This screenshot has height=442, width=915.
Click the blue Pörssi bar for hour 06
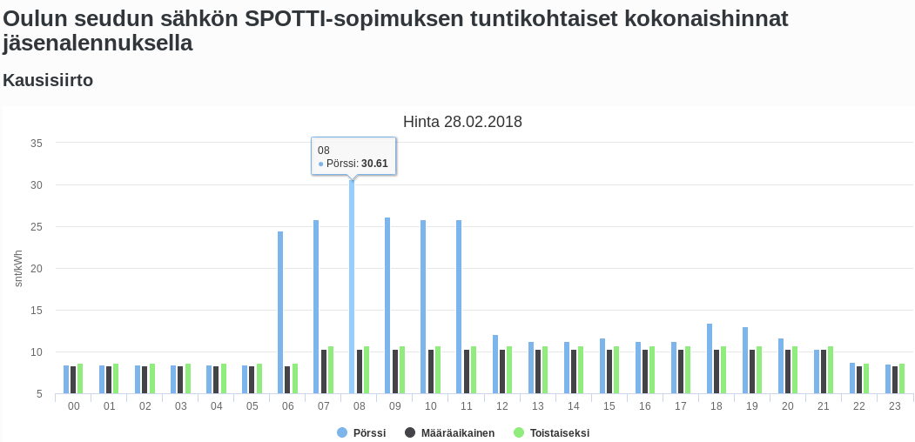(280, 312)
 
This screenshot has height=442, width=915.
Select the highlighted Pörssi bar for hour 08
(352, 287)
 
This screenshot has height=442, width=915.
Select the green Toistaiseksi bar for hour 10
(438, 370)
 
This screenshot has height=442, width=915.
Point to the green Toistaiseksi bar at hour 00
(80, 378)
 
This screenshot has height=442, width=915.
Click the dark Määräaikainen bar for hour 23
(895, 379)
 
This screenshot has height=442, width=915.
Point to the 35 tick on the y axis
(37, 143)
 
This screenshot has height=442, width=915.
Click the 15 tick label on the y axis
(37, 311)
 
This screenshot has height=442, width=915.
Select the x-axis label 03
(181, 406)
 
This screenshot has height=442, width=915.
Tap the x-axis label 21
(824, 406)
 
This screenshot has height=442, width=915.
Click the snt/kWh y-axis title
(19, 268)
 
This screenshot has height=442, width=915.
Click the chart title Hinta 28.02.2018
(462, 122)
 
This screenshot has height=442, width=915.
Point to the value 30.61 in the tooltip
(374, 164)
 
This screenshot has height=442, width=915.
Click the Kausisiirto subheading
(48, 80)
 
